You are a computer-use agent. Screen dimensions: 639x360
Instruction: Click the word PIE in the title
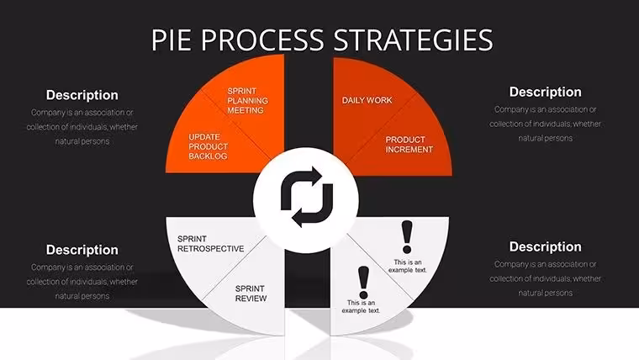click(172, 40)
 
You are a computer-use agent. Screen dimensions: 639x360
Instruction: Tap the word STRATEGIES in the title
click(413, 40)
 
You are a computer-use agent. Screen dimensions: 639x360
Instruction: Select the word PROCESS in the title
click(262, 40)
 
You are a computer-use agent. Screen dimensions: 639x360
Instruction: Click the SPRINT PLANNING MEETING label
click(247, 101)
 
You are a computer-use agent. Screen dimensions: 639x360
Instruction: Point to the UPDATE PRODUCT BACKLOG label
click(208, 146)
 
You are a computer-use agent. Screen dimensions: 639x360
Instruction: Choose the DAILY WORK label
click(367, 100)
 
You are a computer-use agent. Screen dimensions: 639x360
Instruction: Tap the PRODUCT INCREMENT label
click(409, 145)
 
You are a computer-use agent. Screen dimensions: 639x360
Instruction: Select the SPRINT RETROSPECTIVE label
click(211, 244)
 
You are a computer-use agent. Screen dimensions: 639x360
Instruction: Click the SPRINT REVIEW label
click(251, 294)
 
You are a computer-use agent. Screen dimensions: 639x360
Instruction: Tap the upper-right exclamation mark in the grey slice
click(407, 237)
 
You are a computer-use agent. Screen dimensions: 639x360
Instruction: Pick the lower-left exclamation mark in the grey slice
click(363, 283)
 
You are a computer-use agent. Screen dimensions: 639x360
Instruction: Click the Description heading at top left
click(82, 95)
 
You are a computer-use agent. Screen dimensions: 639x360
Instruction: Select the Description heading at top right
click(546, 93)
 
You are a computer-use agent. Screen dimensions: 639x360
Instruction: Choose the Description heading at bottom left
click(82, 250)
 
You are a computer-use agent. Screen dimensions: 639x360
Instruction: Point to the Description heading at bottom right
click(546, 246)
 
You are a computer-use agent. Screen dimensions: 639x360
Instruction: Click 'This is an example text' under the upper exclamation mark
click(408, 266)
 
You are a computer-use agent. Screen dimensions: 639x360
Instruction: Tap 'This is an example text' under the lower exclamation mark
click(361, 307)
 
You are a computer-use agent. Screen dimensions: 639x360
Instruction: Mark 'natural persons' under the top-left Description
click(82, 141)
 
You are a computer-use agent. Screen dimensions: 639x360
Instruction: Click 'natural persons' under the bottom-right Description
click(546, 293)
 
